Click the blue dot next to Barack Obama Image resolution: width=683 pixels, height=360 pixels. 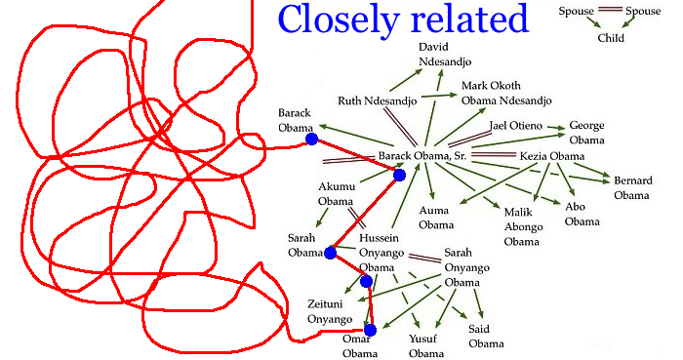click(x=311, y=140)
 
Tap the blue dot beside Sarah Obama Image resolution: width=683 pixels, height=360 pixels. click(x=330, y=253)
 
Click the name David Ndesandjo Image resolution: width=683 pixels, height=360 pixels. click(x=445, y=54)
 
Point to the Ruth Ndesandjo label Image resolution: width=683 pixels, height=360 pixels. click(x=378, y=101)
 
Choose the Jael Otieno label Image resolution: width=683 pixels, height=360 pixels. click(x=516, y=126)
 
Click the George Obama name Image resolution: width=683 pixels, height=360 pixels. click(x=586, y=133)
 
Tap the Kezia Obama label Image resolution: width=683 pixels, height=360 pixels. click(x=552, y=156)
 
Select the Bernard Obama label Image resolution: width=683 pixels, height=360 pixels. click(x=633, y=187)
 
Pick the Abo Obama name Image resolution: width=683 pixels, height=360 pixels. click(x=582, y=214)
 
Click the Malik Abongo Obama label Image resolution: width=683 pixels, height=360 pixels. click(x=523, y=226)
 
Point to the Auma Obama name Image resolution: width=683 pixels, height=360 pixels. click(x=436, y=218)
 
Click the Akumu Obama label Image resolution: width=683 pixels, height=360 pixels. click(x=337, y=194)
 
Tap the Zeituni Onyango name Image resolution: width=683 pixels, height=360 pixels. click(x=330, y=311)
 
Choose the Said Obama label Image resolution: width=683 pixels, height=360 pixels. click(x=486, y=336)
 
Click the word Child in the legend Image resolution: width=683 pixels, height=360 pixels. click(x=611, y=38)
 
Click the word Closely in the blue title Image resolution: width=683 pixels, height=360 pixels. click(x=339, y=19)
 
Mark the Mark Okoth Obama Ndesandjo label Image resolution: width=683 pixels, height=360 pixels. click(x=506, y=93)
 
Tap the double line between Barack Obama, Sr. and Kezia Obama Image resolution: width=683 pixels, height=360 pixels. click(x=494, y=155)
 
